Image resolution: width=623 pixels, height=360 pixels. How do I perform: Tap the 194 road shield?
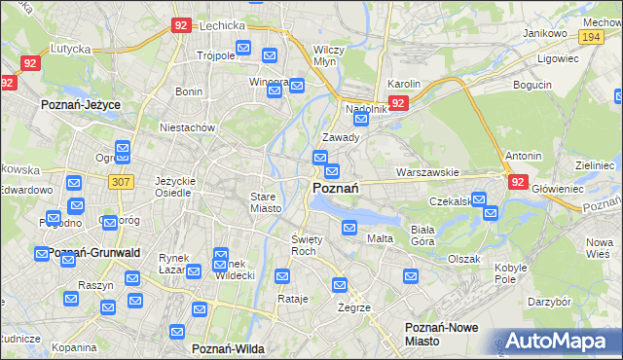[x=588, y=36]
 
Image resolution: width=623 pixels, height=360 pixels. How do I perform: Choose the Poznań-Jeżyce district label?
[x=78, y=101]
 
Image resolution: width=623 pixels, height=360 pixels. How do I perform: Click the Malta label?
[x=380, y=238]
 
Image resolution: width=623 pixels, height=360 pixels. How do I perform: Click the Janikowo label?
[x=544, y=33]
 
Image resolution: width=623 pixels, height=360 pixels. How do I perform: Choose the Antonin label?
[x=523, y=156]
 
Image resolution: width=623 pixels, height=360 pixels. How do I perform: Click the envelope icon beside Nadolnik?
[x=361, y=120]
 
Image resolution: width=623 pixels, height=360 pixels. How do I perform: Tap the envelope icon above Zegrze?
[x=340, y=285]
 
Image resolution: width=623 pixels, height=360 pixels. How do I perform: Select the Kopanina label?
[x=74, y=347]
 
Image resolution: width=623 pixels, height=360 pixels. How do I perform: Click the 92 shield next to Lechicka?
[x=181, y=27]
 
